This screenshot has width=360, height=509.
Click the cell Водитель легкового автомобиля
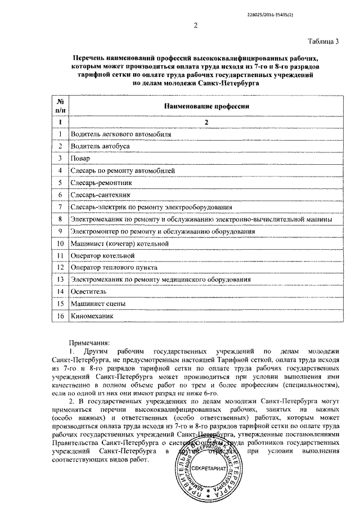[118, 134]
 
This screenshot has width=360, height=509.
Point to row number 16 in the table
[60, 316]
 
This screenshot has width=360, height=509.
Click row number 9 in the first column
[60, 231]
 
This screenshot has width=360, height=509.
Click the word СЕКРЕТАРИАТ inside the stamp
[209, 468]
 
